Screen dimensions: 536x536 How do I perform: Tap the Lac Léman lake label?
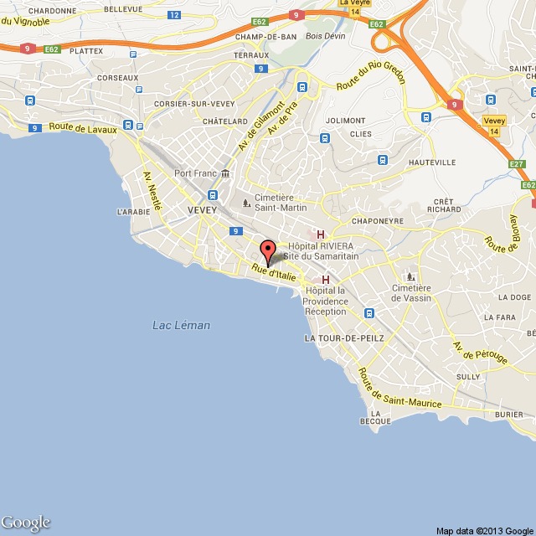pyautogui.click(x=182, y=325)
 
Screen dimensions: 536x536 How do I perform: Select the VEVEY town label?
pyautogui.click(x=203, y=209)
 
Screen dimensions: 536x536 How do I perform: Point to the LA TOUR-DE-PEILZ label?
pyautogui.click(x=344, y=338)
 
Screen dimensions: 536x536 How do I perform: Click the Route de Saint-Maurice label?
pyautogui.click(x=399, y=389)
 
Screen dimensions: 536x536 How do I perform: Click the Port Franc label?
pyautogui.click(x=195, y=173)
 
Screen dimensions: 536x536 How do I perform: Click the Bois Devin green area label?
pyautogui.click(x=303, y=37)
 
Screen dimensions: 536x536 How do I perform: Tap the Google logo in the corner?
pyautogui.click(x=26, y=523)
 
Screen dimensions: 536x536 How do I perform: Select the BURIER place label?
pyautogui.click(x=508, y=414)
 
